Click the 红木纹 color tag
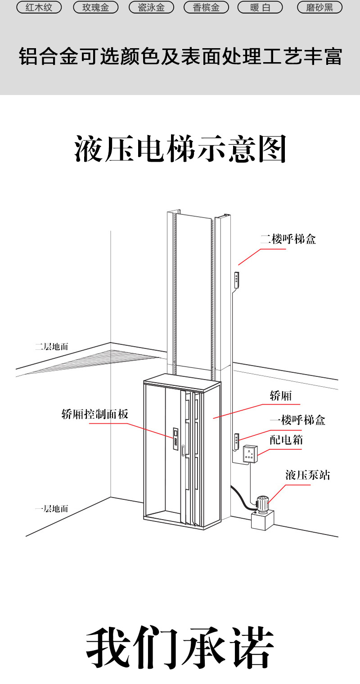coord(39,7)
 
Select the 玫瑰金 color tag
coord(95,7)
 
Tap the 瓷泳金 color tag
coord(151,7)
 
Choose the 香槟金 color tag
coord(207,7)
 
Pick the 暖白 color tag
coord(260,7)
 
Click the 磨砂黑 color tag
coord(319,7)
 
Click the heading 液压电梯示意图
coord(180,149)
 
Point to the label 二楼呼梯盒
coord(288,239)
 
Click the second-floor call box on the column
coord(237,279)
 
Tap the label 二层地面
coord(52,347)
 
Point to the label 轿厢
coord(281,396)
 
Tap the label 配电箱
coord(286,439)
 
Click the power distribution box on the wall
coord(249,454)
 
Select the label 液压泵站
coord(307,475)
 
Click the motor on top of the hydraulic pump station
coord(261,503)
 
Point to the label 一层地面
coord(52,509)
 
